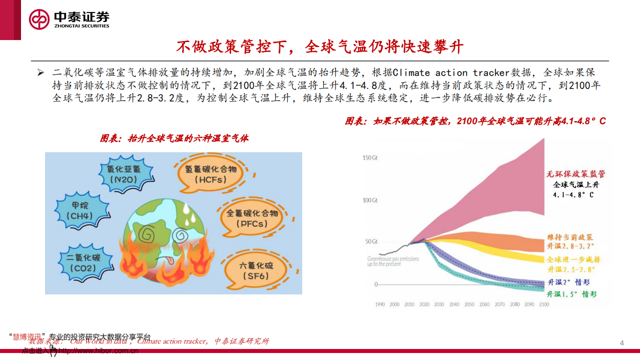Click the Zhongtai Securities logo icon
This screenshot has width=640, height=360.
[x=39, y=20]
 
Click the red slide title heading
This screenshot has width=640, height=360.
[x=320, y=47]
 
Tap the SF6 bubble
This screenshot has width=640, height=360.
[x=256, y=270]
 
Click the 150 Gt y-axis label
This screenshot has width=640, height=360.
[x=371, y=158]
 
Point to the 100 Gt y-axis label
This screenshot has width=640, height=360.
[x=371, y=200]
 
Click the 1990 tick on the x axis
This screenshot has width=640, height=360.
[x=380, y=304]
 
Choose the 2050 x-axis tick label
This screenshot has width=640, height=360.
[x=469, y=304]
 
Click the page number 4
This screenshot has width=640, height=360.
[x=621, y=343]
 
